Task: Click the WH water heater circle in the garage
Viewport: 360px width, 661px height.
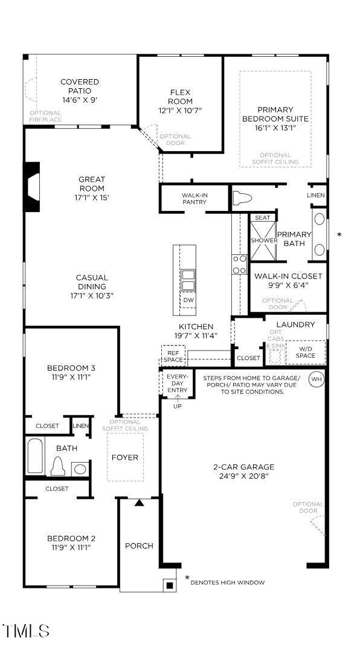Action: tap(316, 379)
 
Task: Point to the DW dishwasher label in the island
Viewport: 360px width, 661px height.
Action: tap(188, 300)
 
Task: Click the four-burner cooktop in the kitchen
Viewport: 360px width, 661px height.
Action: tap(240, 265)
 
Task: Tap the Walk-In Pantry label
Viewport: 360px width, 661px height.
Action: tap(194, 199)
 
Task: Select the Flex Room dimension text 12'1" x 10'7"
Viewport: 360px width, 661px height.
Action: tap(180, 111)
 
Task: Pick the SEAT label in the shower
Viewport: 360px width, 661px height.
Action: tap(262, 218)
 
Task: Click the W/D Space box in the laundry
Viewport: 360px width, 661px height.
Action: tap(305, 352)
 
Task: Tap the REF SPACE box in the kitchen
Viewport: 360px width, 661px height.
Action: tap(173, 355)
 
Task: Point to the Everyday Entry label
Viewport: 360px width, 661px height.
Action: tap(177, 384)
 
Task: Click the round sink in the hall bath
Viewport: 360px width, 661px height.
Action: tap(79, 468)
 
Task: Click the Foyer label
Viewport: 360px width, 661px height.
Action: tap(125, 457)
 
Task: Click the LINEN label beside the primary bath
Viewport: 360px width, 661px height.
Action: tap(316, 196)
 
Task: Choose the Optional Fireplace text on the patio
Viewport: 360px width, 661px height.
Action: tap(45, 116)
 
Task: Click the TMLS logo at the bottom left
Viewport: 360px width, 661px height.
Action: tap(26, 631)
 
